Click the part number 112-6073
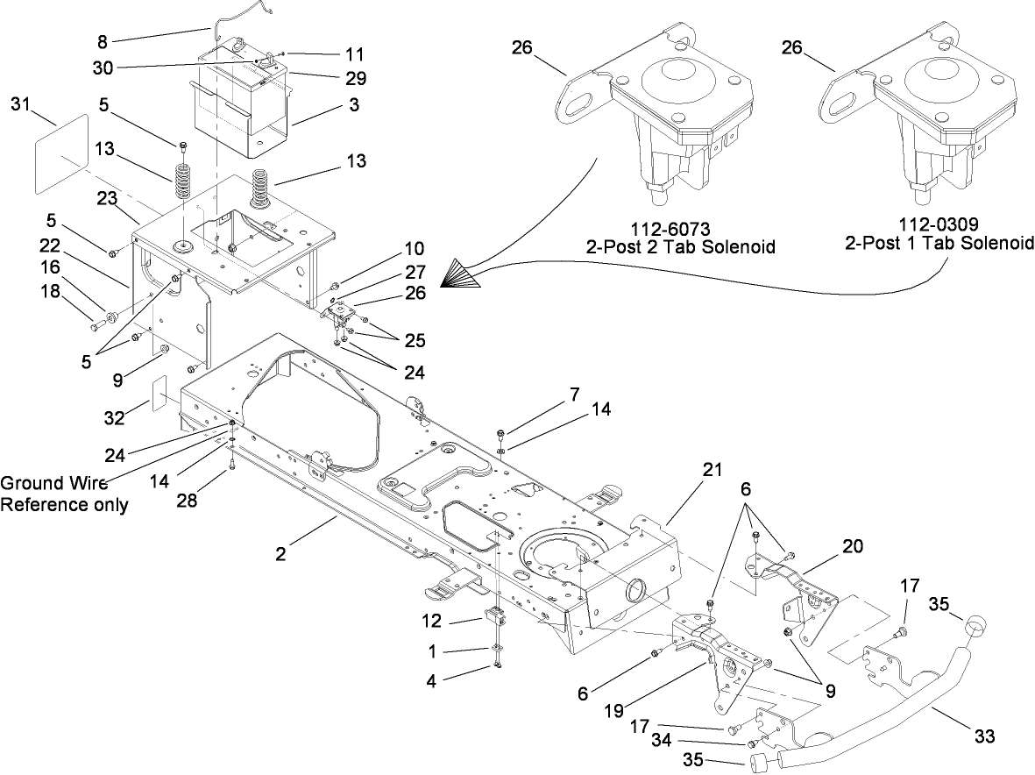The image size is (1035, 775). click(680, 230)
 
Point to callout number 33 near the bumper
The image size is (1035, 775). click(984, 736)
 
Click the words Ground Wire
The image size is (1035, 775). click(44, 482)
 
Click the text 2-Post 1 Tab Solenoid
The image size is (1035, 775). click(939, 243)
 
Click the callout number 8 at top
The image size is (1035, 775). click(103, 40)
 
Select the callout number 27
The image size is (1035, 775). click(414, 273)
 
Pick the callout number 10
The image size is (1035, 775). click(414, 250)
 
